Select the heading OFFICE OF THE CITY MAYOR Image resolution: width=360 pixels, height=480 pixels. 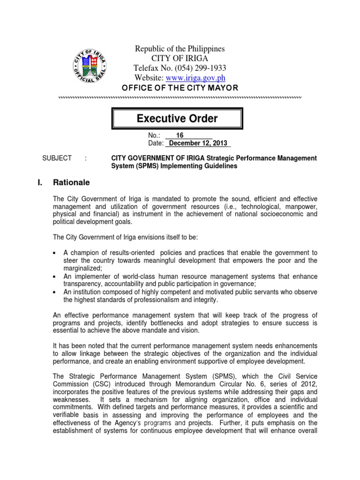180,88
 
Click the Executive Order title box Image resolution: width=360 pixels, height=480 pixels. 177,119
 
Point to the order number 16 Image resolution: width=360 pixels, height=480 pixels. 180,135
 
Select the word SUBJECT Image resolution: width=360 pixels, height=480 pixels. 57,158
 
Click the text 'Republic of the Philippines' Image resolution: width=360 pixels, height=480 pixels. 180,49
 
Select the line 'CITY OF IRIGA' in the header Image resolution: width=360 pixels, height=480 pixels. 180,58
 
